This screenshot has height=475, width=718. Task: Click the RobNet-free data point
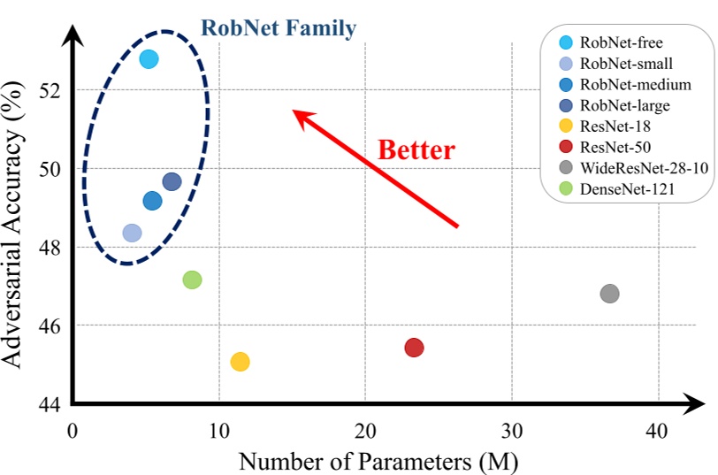pyautogui.click(x=149, y=59)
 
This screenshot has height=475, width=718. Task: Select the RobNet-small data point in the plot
pyautogui.click(x=132, y=233)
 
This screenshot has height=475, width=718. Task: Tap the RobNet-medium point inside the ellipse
pyautogui.click(x=152, y=201)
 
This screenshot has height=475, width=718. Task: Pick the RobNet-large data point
pyautogui.click(x=172, y=181)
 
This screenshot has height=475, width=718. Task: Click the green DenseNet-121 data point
pyautogui.click(x=192, y=280)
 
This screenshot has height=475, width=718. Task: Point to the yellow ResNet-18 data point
pyautogui.click(x=240, y=361)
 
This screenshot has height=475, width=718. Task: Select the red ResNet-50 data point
pyautogui.click(x=414, y=348)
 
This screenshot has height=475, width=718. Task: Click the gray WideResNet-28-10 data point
pyautogui.click(x=609, y=293)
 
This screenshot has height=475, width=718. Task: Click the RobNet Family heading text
pyautogui.click(x=279, y=28)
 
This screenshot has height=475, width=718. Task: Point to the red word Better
pyautogui.click(x=416, y=149)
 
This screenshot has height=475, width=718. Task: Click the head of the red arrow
pyautogui.click(x=297, y=114)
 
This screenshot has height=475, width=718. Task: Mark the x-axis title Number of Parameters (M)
pyautogui.click(x=378, y=460)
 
